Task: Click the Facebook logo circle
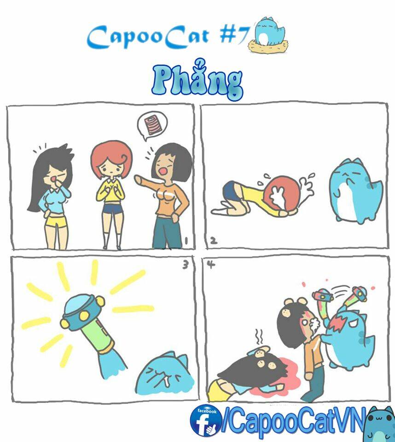pos(205,420)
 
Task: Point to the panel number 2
pos(213,240)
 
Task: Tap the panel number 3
pos(185,265)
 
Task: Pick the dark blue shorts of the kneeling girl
pos(231,191)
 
